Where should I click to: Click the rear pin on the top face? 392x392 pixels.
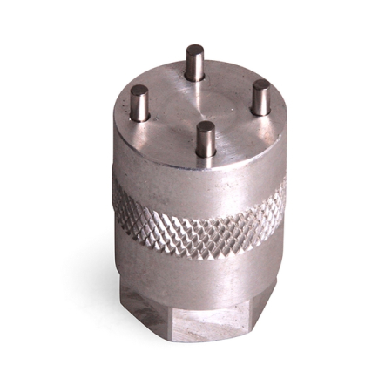tap(196, 63)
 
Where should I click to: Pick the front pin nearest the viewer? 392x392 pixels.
tap(206, 139)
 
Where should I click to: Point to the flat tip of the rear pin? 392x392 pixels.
tap(196, 50)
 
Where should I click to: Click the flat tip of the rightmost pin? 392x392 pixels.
tap(260, 84)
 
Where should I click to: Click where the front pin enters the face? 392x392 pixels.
tap(206, 154)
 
